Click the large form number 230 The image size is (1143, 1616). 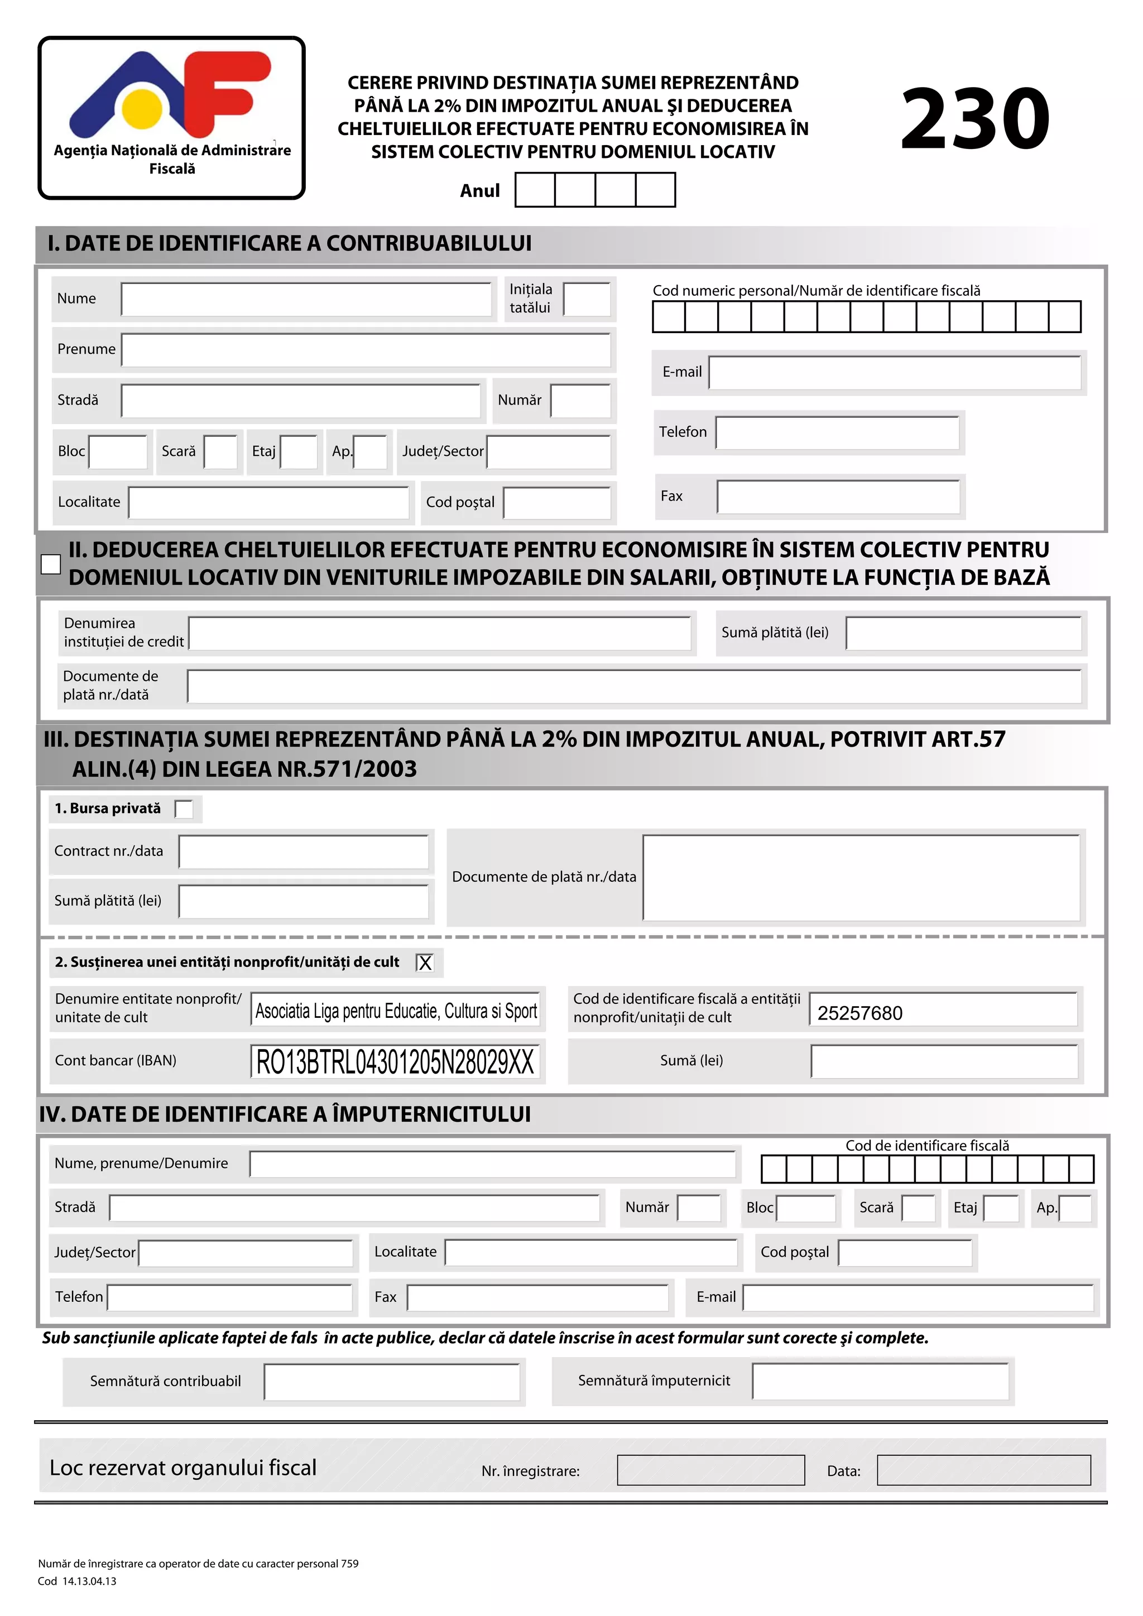(x=975, y=119)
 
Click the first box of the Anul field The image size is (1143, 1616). (x=535, y=190)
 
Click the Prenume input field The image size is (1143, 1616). (x=366, y=350)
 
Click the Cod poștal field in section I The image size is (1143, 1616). (x=557, y=503)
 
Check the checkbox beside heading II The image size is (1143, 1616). (x=51, y=564)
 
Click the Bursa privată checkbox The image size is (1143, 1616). (x=184, y=810)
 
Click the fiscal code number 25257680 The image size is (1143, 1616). (x=859, y=1013)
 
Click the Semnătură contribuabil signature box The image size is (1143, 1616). (x=391, y=1382)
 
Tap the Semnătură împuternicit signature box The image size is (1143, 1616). (x=880, y=1382)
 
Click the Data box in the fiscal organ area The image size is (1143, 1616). (x=983, y=1470)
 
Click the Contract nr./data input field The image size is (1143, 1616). (x=304, y=852)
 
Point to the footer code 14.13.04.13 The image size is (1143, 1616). (x=89, y=1581)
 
